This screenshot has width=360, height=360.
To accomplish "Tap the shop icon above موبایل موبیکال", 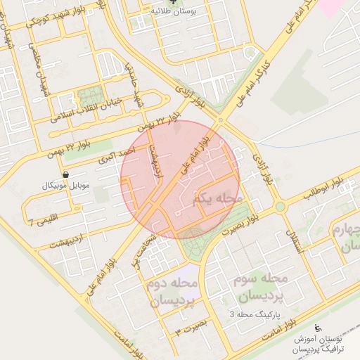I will (x=66, y=174).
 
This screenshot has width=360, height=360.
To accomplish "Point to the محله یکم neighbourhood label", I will (x=216, y=200).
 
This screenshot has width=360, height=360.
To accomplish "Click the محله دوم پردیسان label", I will (x=173, y=291).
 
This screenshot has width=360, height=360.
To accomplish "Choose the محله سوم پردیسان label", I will (x=264, y=288).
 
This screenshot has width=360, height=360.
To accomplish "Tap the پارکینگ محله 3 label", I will (x=260, y=313).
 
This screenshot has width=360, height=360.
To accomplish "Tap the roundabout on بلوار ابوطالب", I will (x=281, y=207).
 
